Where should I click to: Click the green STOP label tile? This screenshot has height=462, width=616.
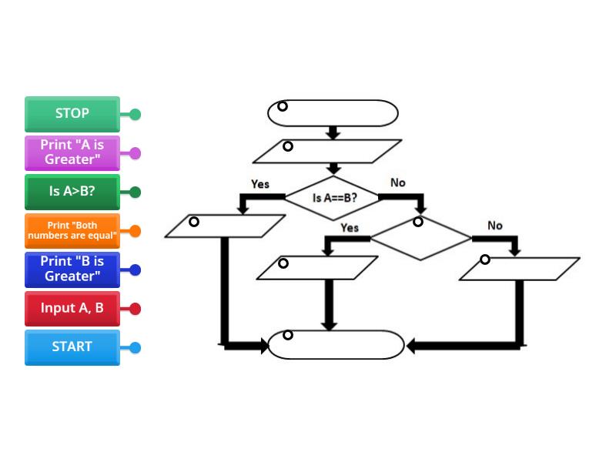pos(72,114)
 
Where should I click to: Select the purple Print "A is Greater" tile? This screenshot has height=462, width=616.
pos(72,153)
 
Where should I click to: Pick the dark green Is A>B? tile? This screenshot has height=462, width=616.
pos(72,192)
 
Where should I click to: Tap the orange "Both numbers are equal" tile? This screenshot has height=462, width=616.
pos(72,231)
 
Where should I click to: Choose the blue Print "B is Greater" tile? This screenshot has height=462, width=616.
pos(72,269)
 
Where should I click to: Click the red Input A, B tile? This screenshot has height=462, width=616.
pos(72,308)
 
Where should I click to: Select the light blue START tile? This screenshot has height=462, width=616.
pos(72,347)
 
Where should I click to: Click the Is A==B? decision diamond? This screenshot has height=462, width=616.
pos(334,197)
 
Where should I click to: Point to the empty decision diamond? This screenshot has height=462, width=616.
pos(420,238)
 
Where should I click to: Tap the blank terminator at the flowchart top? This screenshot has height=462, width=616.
pos(333,112)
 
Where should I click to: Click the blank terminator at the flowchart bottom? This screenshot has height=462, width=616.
pos(336,345)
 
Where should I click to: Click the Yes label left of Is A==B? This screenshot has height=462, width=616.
pos(260,184)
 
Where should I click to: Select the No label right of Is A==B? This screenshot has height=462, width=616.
pos(397,182)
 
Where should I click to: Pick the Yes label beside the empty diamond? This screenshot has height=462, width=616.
pos(350,228)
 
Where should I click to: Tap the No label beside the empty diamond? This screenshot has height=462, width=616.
pos(494,226)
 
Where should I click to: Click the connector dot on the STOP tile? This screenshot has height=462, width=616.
pos(135,115)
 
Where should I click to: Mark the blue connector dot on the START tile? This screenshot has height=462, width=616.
pos(135,348)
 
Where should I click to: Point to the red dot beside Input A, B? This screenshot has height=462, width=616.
pos(135,309)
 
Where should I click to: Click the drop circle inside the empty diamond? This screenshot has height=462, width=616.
pos(418,222)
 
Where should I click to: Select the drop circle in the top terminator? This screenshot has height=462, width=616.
pos(283,106)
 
